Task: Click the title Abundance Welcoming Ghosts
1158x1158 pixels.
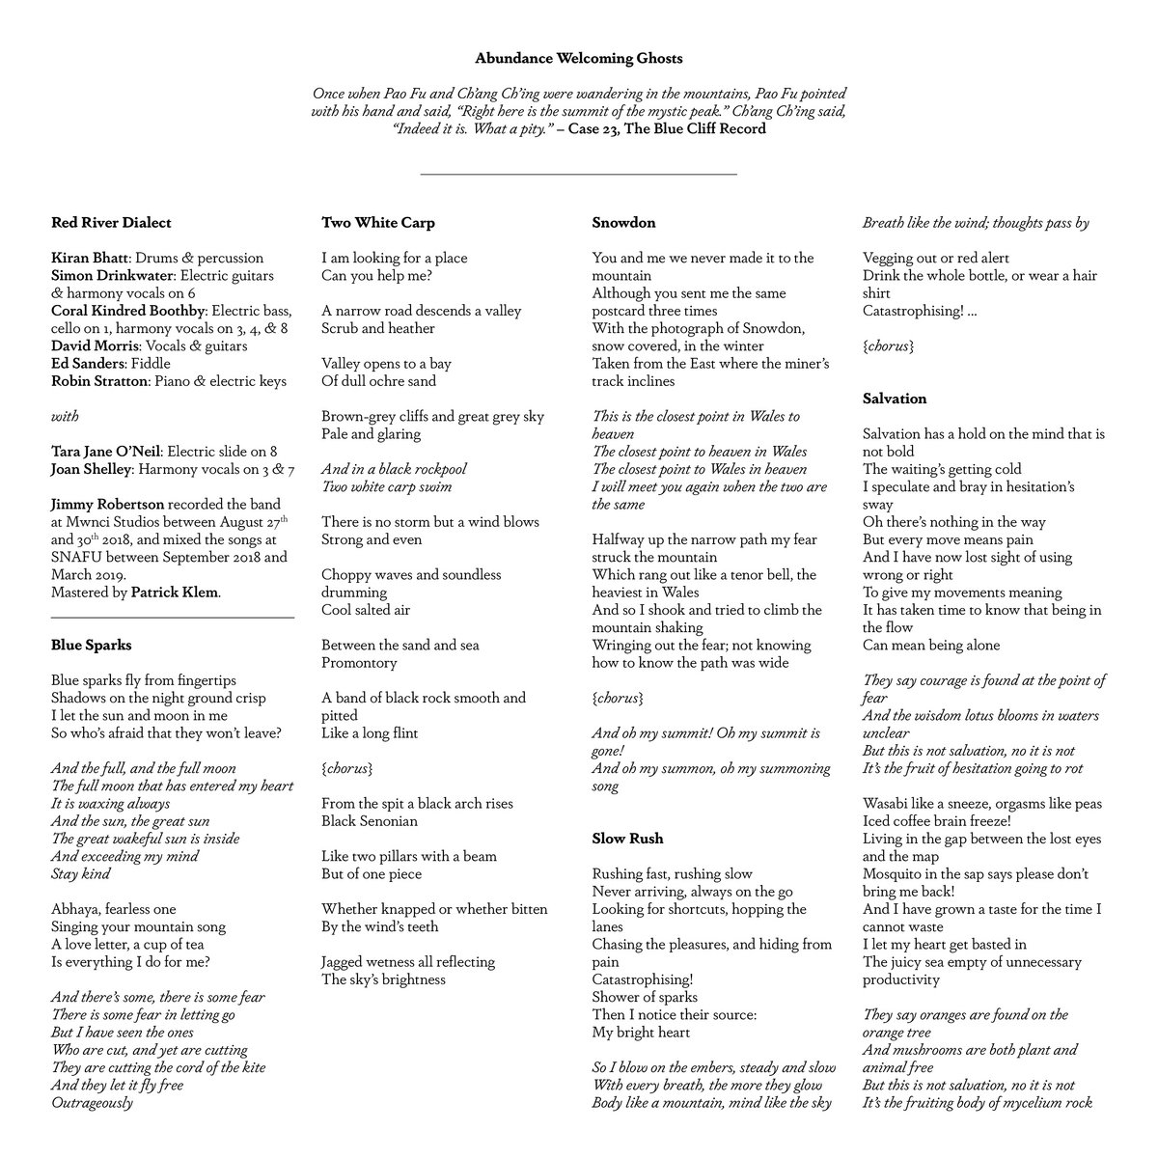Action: [x=578, y=59]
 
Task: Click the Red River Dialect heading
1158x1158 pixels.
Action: [x=111, y=223]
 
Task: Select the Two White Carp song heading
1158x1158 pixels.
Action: [x=378, y=223]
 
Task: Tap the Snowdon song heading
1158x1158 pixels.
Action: [x=623, y=223]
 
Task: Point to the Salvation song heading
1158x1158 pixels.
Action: [x=895, y=399]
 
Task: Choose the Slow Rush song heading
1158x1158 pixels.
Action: [x=627, y=839]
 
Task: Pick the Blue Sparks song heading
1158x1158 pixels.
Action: [x=92, y=645]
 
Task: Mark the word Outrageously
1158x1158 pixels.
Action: [x=92, y=1102]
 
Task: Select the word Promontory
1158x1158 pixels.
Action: [x=359, y=663]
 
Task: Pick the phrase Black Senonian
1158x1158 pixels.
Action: [x=370, y=821]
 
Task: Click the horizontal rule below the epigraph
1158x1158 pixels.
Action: [x=579, y=175]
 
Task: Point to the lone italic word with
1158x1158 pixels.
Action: [x=65, y=417]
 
